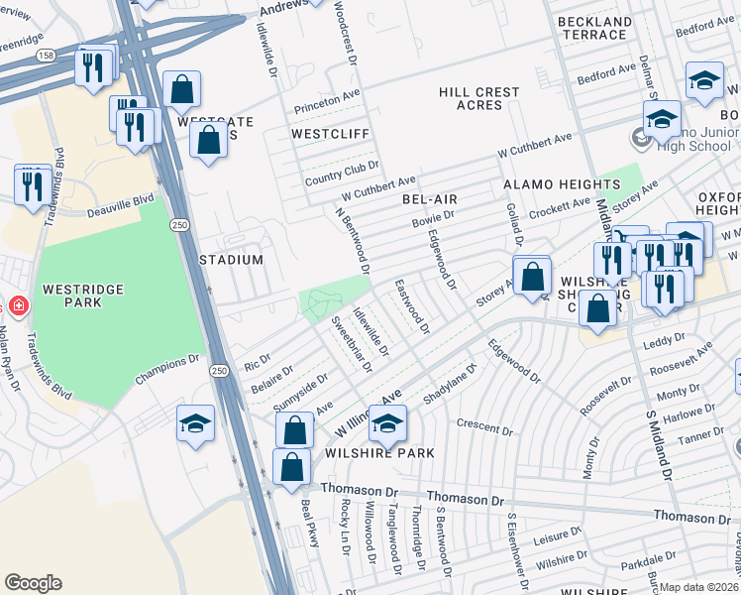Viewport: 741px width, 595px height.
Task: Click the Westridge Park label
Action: (82, 297)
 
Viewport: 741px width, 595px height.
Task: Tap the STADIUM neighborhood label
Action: (233, 260)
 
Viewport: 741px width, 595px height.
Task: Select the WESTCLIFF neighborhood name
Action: (330, 133)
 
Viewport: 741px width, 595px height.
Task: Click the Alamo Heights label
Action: (561, 185)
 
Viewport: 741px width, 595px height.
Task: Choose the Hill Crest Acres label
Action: (478, 98)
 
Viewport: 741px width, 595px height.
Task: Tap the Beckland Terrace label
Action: (593, 28)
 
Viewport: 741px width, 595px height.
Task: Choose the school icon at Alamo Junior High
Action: (661, 120)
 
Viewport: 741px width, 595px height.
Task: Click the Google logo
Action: (33, 583)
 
